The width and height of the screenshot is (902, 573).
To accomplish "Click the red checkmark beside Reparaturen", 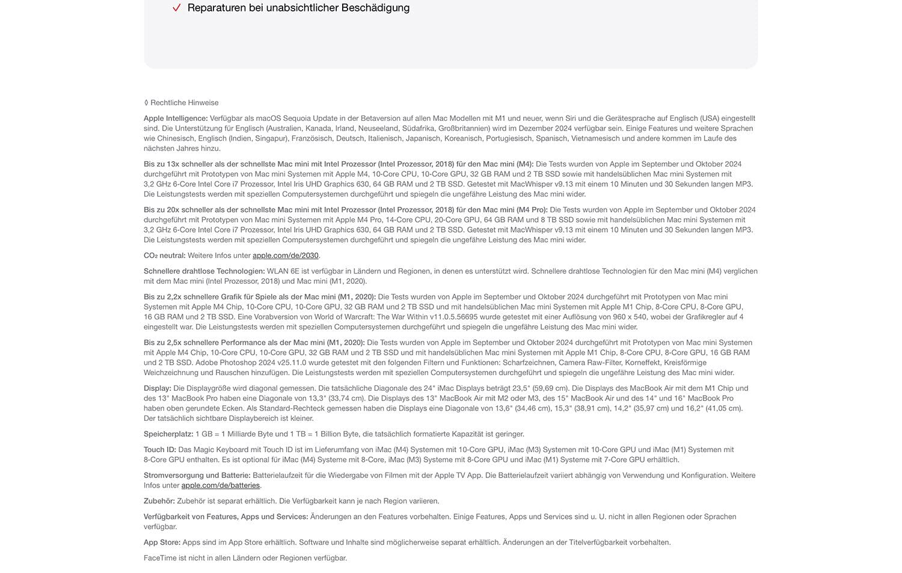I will pos(176,8).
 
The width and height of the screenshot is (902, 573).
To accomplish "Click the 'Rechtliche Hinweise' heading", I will pos(184,103).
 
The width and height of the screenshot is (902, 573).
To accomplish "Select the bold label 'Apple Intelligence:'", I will pos(176,118).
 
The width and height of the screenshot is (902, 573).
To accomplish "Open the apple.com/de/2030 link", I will pos(285,256).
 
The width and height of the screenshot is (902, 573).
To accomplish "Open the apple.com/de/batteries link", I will pos(220,485).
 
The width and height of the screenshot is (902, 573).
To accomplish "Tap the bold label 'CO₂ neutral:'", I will pos(164,256).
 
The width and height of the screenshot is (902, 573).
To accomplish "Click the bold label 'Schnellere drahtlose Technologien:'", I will pos(204,271).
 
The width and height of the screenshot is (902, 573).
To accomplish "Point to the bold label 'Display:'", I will pos(157,388).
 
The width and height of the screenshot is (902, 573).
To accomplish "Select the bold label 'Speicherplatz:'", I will pos(168,434).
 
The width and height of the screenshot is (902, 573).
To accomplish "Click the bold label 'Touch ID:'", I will pos(160,450).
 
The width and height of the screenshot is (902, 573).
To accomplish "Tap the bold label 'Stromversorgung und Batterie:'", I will pos(197,476).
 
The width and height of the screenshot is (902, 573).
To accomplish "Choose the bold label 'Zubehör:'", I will pos(159,501).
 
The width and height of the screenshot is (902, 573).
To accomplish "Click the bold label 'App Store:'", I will pos(162,542).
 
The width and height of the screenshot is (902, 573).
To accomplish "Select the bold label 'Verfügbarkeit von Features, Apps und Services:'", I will pos(226,516).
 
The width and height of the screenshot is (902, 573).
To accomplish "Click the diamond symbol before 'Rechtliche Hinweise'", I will pos(146,103).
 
